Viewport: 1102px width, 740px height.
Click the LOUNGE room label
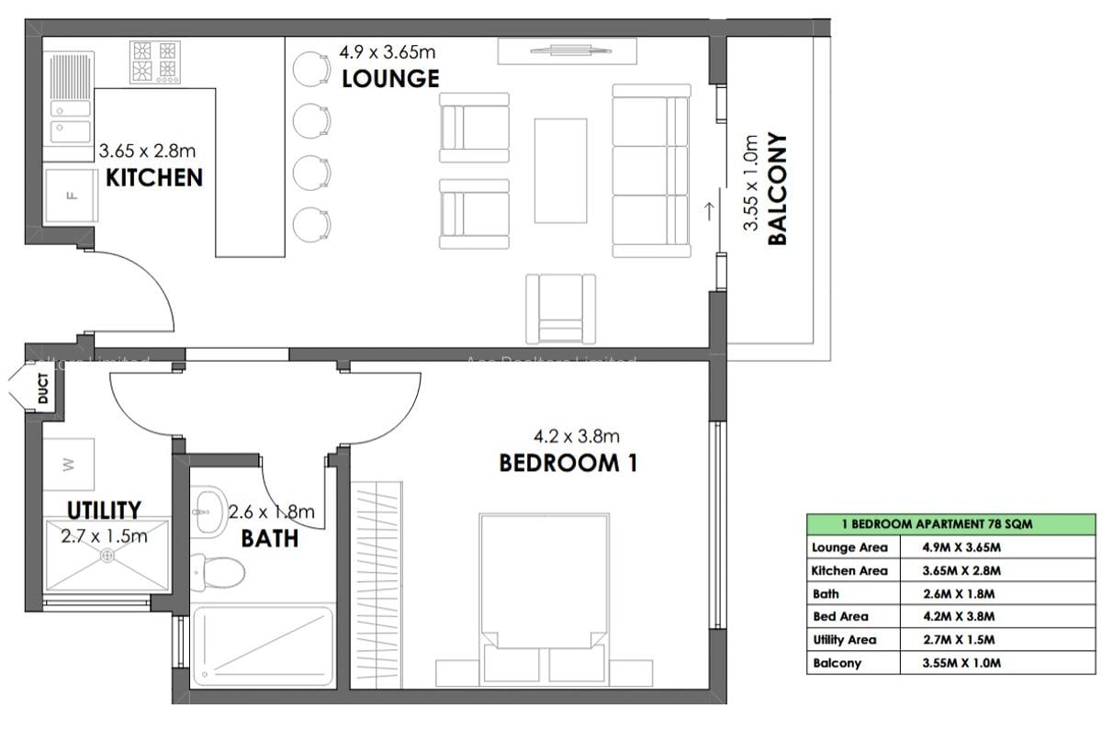pyautogui.click(x=390, y=79)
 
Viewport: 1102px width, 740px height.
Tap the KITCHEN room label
pyautogui.click(x=154, y=177)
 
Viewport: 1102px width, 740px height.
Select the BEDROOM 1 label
pyautogui.click(x=568, y=463)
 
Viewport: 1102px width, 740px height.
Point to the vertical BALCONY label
pyautogui.click(x=777, y=190)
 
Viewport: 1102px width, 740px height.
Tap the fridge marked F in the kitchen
pyautogui.click(x=70, y=195)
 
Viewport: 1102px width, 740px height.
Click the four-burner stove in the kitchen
pyautogui.click(x=153, y=61)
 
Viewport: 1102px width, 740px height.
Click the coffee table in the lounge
pyautogui.click(x=560, y=170)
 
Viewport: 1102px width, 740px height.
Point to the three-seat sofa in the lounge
pyautogui.click(x=651, y=171)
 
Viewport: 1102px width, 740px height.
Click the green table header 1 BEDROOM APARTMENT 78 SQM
pyautogui.click(x=950, y=523)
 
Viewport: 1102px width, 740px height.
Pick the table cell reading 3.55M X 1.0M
pyautogui.click(x=961, y=663)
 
